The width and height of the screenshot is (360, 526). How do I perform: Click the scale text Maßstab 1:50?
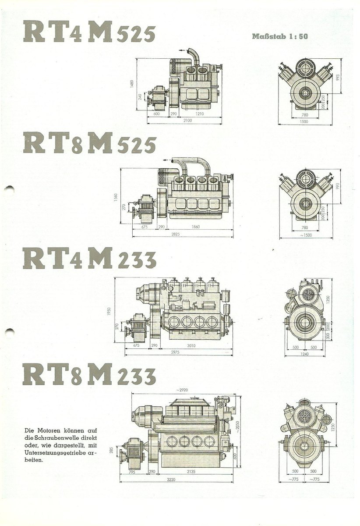point(280,37)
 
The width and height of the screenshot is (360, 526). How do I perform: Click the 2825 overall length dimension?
point(176,235)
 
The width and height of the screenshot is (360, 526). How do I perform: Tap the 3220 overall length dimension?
point(177,479)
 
